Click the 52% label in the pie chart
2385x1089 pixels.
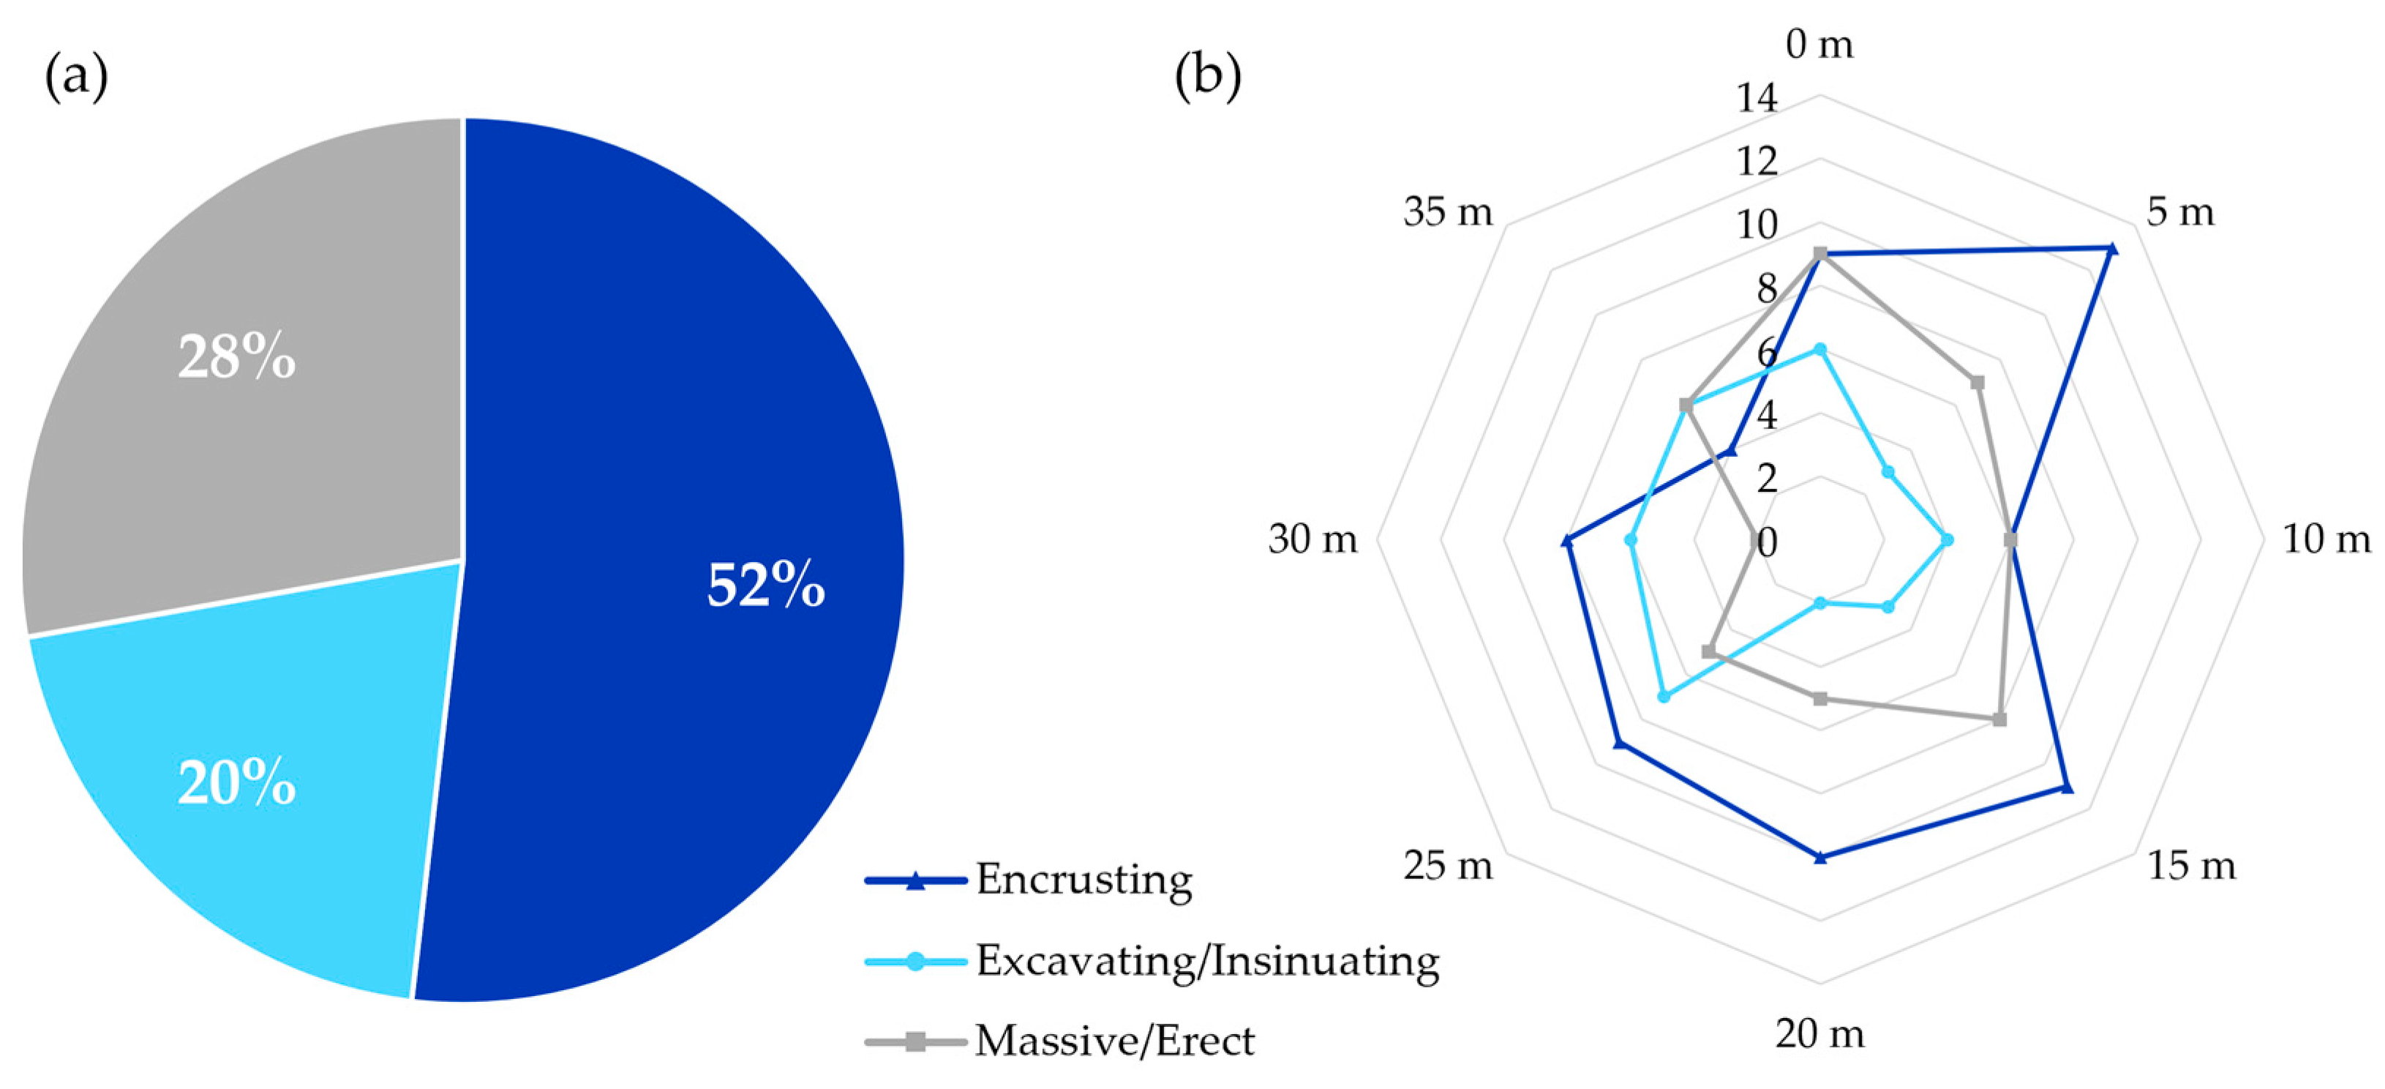click(766, 585)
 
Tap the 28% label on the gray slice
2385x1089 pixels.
click(236, 357)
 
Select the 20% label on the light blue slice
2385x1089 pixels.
click(236, 783)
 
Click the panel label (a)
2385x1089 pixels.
click(76, 76)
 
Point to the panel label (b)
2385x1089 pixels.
click(1207, 76)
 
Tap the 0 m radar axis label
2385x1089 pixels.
click(1819, 45)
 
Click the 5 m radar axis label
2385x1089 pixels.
click(2180, 213)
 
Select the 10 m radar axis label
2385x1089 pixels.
click(2326, 539)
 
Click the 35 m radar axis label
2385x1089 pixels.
click(1448, 213)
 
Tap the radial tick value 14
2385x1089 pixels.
click(1757, 98)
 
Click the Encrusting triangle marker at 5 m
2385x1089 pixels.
click(2111, 248)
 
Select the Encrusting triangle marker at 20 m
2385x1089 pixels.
click(1820, 856)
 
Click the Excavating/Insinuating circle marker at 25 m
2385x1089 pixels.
click(1664, 697)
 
